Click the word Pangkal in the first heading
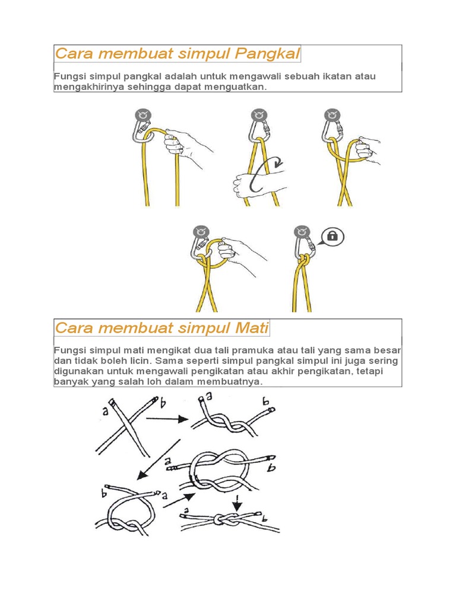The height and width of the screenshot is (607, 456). click(267, 54)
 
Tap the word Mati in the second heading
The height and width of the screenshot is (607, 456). click(252, 328)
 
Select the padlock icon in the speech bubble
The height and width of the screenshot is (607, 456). click(332, 236)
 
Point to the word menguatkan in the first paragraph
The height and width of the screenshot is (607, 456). click(236, 87)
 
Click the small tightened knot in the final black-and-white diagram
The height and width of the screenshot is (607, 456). click(228, 520)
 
